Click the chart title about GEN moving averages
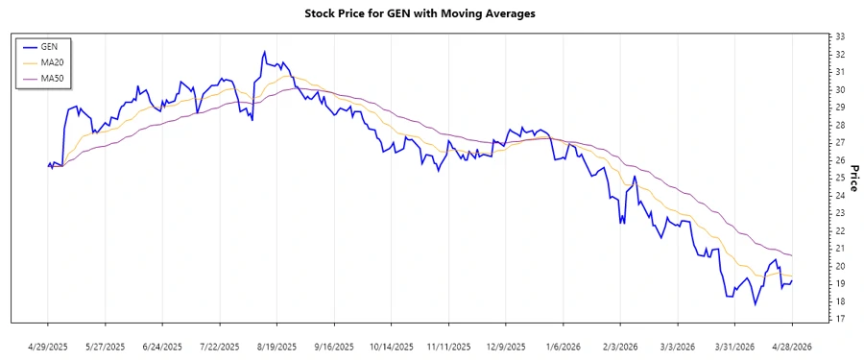point(432,13)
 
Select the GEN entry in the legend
point(50,46)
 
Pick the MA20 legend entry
point(52,61)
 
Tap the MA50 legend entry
point(52,77)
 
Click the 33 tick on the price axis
point(840,36)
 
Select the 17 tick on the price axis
point(840,319)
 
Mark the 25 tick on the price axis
point(840,178)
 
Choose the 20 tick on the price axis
point(840,266)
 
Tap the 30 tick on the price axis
point(840,89)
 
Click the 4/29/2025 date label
point(48,347)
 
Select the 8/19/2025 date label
point(276,347)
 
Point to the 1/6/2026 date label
point(563,347)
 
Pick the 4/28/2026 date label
point(791,347)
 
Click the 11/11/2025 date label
point(448,347)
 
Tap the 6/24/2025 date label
point(162,347)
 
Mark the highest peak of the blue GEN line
point(263,52)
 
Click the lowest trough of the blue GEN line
point(756,304)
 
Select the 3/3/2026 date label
point(677,347)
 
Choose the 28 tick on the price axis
point(840,125)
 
